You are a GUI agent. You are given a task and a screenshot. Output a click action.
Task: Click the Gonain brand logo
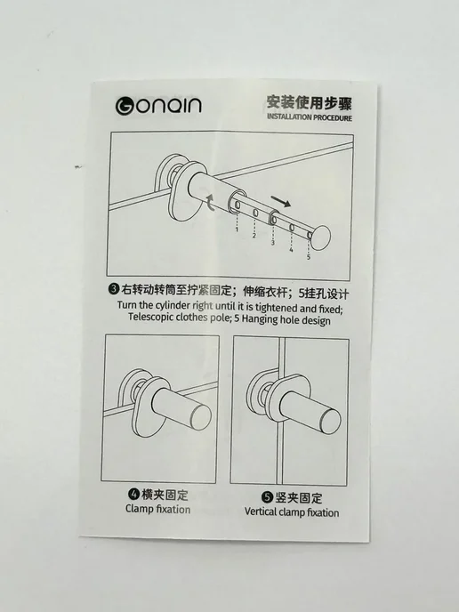pyautogui.click(x=158, y=106)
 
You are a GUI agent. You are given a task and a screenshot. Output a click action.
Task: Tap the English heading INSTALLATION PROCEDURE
pyautogui.click(x=310, y=117)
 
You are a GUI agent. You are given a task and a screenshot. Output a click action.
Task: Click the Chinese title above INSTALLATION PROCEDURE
pyautogui.click(x=310, y=102)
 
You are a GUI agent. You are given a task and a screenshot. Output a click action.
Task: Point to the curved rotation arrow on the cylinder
pyautogui.click(x=211, y=202)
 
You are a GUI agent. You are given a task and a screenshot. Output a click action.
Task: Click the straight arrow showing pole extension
pyautogui.click(x=280, y=201)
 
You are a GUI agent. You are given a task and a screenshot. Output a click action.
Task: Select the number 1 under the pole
pyautogui.click(x=237, y=229)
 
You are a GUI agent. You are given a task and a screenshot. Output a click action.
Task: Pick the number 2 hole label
pyautogui.click(x=254, y=236)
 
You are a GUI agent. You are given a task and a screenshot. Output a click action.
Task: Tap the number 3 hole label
pyautogui.click(x=272, y=242)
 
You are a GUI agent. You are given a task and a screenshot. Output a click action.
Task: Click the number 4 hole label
pyautogui.click(x=291, y=249)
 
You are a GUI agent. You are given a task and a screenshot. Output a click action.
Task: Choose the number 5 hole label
pyautogui.click(x=309, y=257)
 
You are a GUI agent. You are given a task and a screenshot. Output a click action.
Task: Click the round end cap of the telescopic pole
pyautogui.click(x=321, y=237)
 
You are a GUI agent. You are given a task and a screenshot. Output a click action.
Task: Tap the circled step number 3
pyautogui.click(x=114, y=289)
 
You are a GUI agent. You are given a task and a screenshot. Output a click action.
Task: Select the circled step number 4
pyautogui.click(x=133, y=494)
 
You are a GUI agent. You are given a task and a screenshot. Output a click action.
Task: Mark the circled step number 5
pyautogui.click(x=267, y=497)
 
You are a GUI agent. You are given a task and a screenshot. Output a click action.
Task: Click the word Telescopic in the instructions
pyautogui.click(x=151, y=317)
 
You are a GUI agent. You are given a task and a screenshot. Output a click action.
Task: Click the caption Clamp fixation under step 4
pyautogui.click(x=158, y=509)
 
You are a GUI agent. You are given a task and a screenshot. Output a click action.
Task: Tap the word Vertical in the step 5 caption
pyautogui.click(x=260, y=511)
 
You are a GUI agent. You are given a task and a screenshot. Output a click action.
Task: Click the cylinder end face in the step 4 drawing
pyautogui.click(x=199, y=417)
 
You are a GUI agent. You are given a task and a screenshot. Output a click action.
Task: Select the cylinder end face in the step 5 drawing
pyautogui.click(x=330, y=421)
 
